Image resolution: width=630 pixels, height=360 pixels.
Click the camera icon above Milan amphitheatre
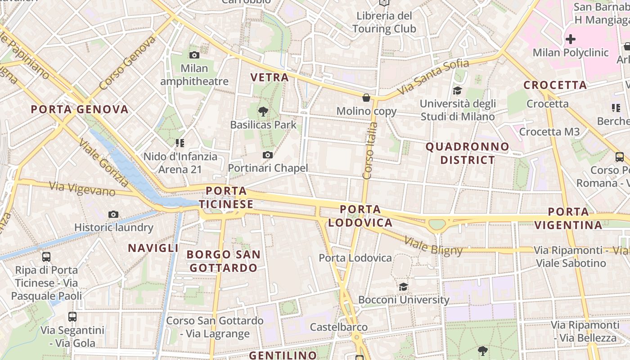pyautogui.click(x=194, y=55)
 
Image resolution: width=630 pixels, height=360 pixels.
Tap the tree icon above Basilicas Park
pyautogui.click(x=263, y=111)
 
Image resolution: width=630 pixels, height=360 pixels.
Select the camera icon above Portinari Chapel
pyautogui.click(x=268, y=155)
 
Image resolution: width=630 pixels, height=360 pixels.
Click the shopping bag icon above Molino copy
pyautogui.click(x=366, y=98)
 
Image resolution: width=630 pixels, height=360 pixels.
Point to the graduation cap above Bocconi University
pyautogui.click(x=403, y=287)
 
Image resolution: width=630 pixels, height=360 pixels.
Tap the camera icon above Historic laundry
pyautogui.click(x=113, y=214)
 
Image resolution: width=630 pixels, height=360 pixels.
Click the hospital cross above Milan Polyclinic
pyautogui.click(x=571, y=39)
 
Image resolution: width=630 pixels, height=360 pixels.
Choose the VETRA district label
pyautogui.click(x=270, y=77)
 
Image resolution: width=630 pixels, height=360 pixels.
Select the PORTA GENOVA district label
pyautogui.click(x=80, y=109)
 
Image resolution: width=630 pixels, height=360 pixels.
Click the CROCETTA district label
pyautogui.click(x=555, y=85)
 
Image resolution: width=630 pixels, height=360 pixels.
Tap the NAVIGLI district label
pyautogui.click(x=153, y=248)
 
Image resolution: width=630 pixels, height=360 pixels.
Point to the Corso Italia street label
pyautogui.click(x=369, y=151)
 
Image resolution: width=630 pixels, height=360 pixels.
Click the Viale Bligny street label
pyautogui.click(x=433, y=246)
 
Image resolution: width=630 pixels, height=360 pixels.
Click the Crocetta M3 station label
pyautogui.click(x=549, y=132)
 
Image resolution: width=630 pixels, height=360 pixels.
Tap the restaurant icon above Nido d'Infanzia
pyautogui.click(x=180, y=143)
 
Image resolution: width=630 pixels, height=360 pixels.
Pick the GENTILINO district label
pyautogui.click(x=283, y=355)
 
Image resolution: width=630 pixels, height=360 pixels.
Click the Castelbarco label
pyautogui.click(x=339, y=327)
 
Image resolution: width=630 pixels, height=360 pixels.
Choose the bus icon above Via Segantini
pyautogui.click(x=72, y=316)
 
